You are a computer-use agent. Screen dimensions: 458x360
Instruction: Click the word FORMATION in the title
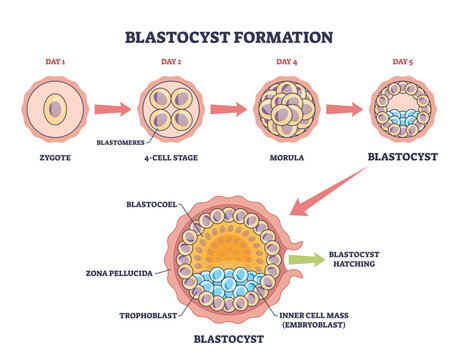[283, 37]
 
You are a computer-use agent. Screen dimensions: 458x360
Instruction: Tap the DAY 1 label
[55, 62]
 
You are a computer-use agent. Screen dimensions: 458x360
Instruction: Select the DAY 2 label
[171, 62]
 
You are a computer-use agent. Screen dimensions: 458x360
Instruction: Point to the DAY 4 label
[287, 62]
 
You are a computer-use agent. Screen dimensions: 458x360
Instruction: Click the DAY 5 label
[403, 62]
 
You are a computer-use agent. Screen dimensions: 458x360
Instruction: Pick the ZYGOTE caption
[55, 158]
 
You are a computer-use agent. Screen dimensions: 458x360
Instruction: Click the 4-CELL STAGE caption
[171, 158]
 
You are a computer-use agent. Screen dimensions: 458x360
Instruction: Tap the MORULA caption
[287, 158]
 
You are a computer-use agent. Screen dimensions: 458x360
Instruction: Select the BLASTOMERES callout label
[121, 143]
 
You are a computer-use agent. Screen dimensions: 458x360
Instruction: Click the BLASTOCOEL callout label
[152, 204]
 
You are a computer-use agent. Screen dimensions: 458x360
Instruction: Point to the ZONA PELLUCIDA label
[119, 273]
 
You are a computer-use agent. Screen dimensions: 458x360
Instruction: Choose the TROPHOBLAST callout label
[148, 315]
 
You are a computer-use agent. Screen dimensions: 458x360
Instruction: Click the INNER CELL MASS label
[314, 315]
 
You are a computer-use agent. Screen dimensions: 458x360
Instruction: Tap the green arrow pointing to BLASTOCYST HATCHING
[307, 259]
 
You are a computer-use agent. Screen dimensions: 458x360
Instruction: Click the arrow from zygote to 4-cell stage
[113, 109]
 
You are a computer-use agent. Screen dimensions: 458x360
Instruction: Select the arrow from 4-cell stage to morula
[228, 109]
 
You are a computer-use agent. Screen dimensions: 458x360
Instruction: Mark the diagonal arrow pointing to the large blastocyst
[328, 191]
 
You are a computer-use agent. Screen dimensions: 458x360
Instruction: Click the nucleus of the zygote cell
[56, 109]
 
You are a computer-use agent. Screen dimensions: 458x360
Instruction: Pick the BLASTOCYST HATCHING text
[354, 259]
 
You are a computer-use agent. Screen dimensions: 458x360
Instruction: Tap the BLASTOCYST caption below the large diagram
[229, 339]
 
